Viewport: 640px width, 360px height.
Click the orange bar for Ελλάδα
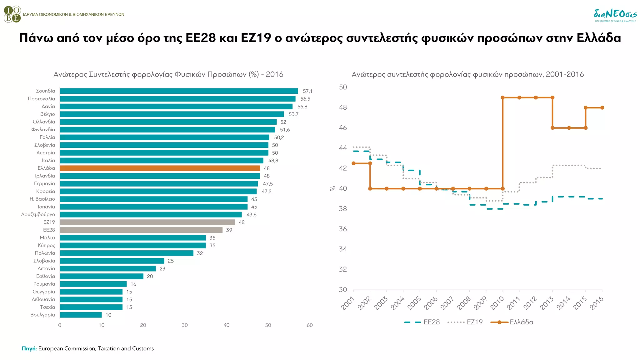pyautogui.click(x=160, y=168)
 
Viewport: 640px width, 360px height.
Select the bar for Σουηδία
pyautogui.click(x=179, y=91)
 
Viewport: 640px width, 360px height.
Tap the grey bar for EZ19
pyautogui.click(x=147, y=222)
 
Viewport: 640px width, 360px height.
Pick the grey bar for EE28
pyautogui.click(x=141, y=230)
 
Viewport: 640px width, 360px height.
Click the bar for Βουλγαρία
pyautogui.click(x=81, y=315)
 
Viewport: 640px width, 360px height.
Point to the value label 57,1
pyautogui.click(x=307, y=91)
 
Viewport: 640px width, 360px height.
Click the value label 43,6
pyautogui.click(x=252, y=215)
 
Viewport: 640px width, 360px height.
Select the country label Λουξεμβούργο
pyautogui.click(x=38, y=214)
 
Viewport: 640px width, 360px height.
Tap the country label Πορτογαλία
pyautogui.click(x=41, y=99)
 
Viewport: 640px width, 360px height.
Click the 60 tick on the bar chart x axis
pyautogui.click(x=310, y=325)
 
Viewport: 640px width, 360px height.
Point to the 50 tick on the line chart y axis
pyautogui.click(x=343, y=87)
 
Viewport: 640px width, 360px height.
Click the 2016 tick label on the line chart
pyautogui.click(x=597, y=303)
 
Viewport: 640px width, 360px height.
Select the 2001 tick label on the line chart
pyautogui.click(x=348, y=303)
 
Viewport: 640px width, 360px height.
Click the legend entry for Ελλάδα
pyautogui.click(x=521, y=322)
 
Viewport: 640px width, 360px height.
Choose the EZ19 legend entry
pyautogui.click(x=474, y=322)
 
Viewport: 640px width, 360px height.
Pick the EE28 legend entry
pyautogui.click(x=431, y=322)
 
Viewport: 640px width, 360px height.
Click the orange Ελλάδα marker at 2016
pyautogui.click(x=602, y=108)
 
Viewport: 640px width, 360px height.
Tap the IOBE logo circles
pyautogui.click(x=12, y=14)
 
